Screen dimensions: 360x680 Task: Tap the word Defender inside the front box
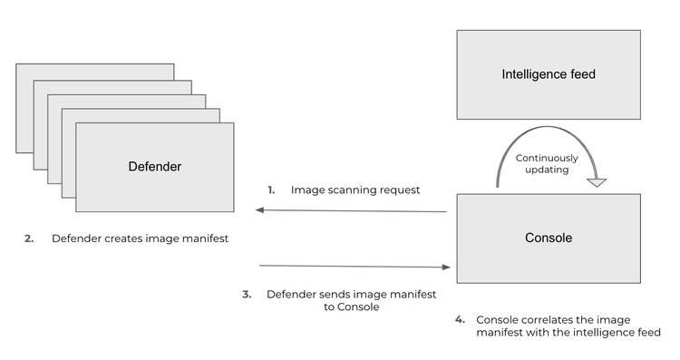pyautogui.click(x=154, y=167)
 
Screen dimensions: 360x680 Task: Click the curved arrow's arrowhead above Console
pyautogui.click(x=596, y=182)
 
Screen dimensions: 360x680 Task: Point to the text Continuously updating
pyautogui.click(x=547, y=164)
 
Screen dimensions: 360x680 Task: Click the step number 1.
pyautogui.click(x=270, y=190)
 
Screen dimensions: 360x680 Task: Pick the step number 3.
pyautogui.click(x=247, y=295)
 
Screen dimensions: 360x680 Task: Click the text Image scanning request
pyautogui.click(x=355, y=190)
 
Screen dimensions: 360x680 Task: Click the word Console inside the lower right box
pyautogui.click(x=548, y=238)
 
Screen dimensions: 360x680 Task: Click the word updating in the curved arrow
pyautogui.click(x=547, y=170)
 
